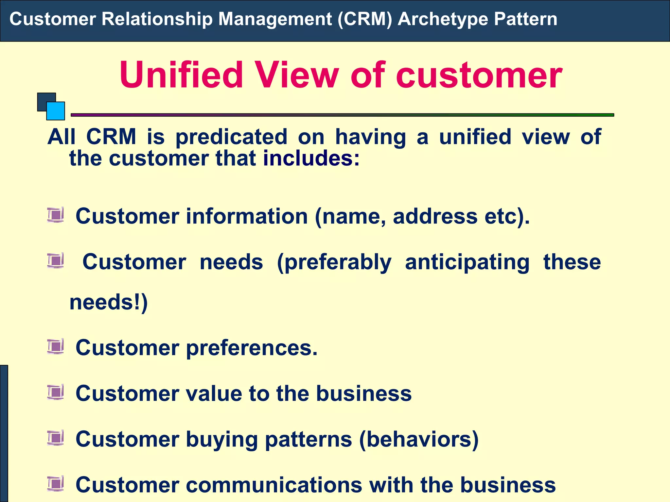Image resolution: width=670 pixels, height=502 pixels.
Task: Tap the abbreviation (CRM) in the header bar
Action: click(x=365, y=19)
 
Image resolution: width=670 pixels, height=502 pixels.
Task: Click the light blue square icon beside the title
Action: click(x=56, y=111)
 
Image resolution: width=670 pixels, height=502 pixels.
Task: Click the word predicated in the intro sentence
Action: click(x=232, y=137)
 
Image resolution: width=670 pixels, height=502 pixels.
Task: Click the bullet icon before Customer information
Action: click(x=55, y=215)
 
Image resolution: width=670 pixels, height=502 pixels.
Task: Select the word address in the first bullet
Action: click(x=435, y=216)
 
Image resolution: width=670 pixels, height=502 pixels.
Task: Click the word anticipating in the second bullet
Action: click(x=467, y=262)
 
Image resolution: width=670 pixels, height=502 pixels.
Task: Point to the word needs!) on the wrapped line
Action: click(x=109, y=302)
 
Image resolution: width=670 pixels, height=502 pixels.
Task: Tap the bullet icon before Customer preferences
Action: click(x=55, y=346)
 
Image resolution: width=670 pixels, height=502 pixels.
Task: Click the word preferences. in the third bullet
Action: click(x=252, y=348)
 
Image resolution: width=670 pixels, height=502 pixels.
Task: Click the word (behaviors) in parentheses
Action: click(x=419, y=439)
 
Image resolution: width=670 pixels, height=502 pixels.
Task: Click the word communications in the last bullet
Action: click(x=274, y=485)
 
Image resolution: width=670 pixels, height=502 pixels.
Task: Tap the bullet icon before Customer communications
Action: click(x=55, y=484)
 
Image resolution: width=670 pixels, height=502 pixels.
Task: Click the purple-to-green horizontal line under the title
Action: click(x=342, y=115)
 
